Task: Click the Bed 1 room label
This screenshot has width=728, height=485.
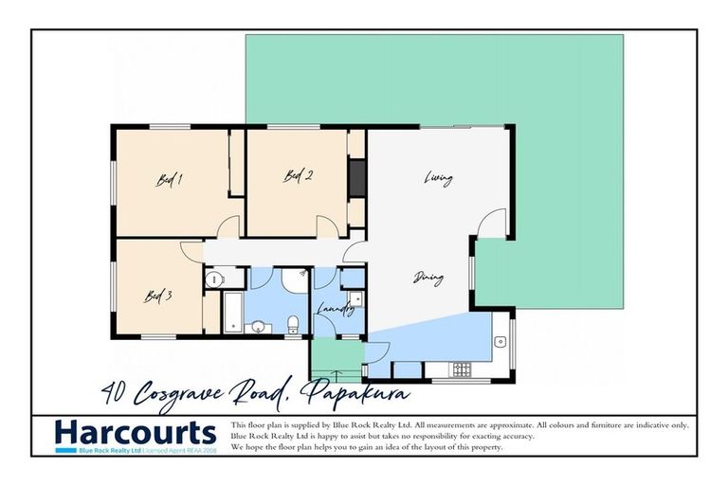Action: click(x=169, y=180)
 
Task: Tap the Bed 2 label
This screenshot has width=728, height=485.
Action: click(x=299, y=175)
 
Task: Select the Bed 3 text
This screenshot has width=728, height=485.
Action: click(x=157, y=295)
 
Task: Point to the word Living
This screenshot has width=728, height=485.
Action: click(x=438, y=178)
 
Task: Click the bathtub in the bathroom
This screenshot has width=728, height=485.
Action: click(x=231, y=314)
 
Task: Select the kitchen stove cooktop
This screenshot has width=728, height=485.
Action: click(x=462, y=368)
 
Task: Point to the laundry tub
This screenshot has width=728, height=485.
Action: click(x=354, y=300)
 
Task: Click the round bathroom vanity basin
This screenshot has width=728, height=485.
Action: click(x=257, y=328)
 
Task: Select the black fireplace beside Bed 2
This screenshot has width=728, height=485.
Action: click(x=357, y=179)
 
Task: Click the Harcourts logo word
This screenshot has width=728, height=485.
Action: click(x=136, y=434)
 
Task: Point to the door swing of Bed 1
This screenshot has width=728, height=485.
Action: click(x=227, y=226)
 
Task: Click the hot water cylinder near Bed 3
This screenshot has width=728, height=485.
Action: click(x=213, y=279)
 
